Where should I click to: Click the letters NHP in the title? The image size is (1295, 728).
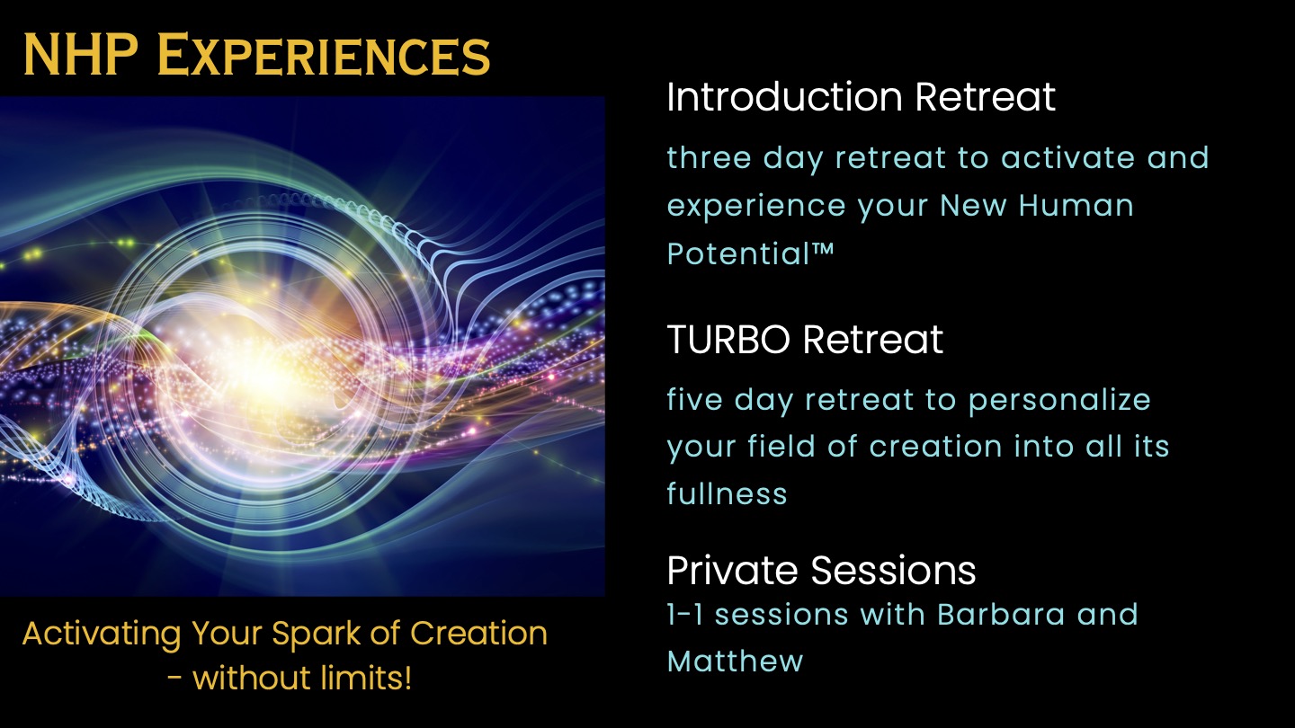click(x=80, y=54)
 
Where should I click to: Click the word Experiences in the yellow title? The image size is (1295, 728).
click(x=324, y=54)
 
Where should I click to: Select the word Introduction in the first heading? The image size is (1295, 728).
click(x=784, y=96)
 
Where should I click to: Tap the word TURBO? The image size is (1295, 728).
click(x=728, y=339)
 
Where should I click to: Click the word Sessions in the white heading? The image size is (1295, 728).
click(x=893, y=571)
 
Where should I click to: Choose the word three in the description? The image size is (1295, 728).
click(x=709, y=158)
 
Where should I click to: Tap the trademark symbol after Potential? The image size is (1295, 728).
click(x=822, y=249)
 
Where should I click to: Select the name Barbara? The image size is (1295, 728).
click(x=1001, y=614)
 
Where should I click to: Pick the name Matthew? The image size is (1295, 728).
click(x=736, y=661)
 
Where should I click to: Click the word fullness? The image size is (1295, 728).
click(x=728, y=493)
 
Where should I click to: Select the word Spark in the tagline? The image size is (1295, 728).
click(x=317, y=635)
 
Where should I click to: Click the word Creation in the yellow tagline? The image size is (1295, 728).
click(x=478, y=634)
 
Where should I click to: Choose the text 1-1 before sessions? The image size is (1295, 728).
click(x=685, y=614)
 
